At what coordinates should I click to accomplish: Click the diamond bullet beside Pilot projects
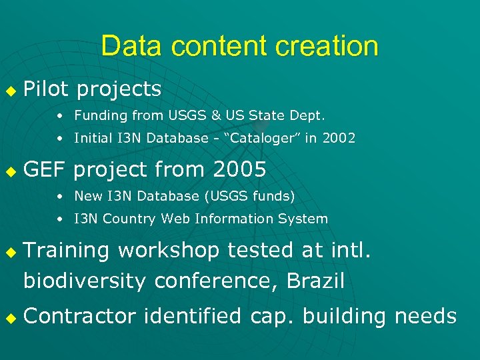9,89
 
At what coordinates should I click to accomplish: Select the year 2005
239,170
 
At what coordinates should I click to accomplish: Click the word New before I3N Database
87,196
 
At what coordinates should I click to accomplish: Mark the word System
306,219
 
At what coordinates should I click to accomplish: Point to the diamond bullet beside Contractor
9,317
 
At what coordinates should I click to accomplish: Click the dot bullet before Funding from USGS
60,116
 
